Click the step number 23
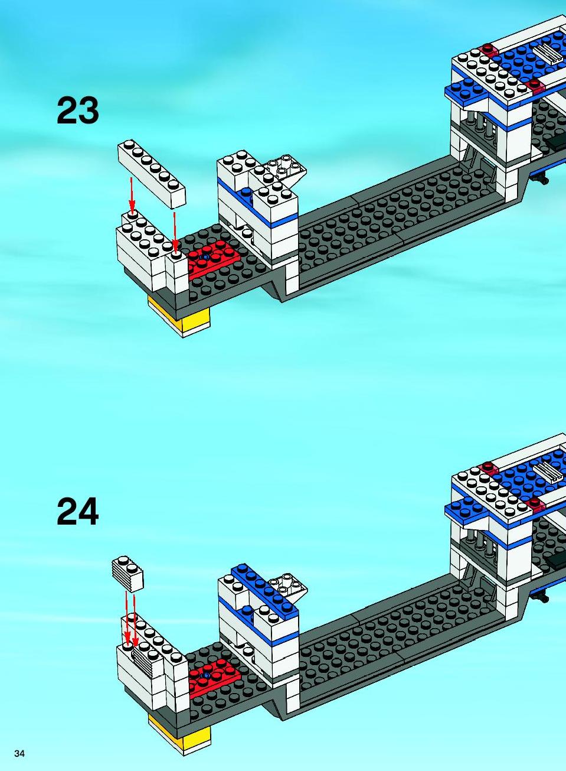pyautogui.click(x=78, y=110)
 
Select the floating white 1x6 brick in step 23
pyautogui.click(x=152, y=174)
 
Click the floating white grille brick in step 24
pyautogui.click(x=127, y=572)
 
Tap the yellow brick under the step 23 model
pyautogui.click(x=179, y=316)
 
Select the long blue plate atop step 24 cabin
pyautogui.click(x=265, y=589)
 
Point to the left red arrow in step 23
pyautogui.click(x=132, y=194)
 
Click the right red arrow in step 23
pyautogui.click(x=175, y=232)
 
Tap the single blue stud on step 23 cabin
pyautogui.click(x=247, y=192)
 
